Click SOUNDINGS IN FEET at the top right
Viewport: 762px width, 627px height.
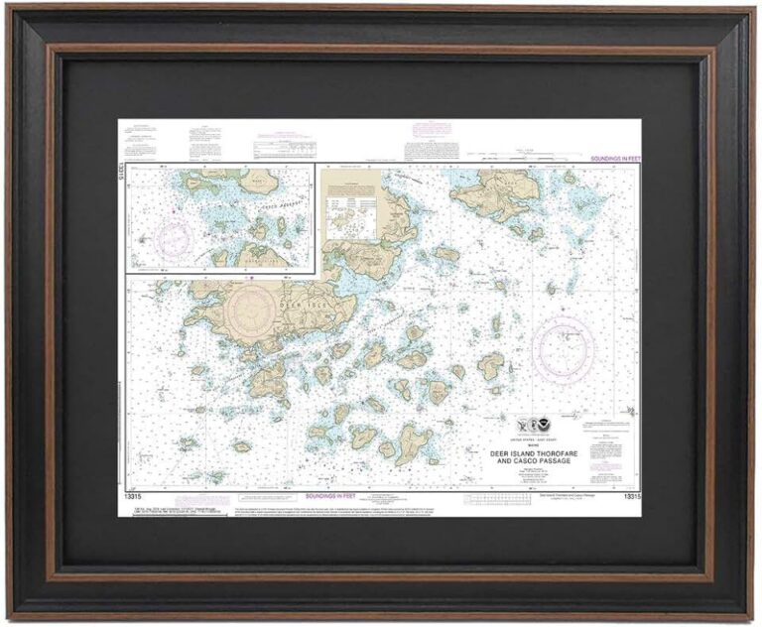pos(611,159)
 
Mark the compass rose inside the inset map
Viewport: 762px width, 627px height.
pos(171,237)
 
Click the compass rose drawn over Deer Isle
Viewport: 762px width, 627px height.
pos(256,311)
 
